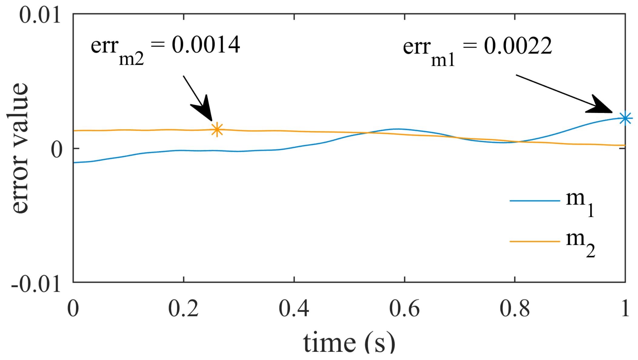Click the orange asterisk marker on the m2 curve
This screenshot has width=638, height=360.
click(x=217, y=130)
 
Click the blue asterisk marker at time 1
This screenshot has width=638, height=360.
click(x=625, y=118)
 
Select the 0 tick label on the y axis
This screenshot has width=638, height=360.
click(x=57, y=149)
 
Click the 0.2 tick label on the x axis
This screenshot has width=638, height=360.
click(x=183, y=309)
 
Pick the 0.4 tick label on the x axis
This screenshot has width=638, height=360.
click(x=294, y=309)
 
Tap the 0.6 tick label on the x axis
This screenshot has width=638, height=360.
click(x=404, y=309)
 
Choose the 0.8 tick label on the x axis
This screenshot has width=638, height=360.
click(x=515, y=309)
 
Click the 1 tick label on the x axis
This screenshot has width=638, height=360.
click(x=625, y=309)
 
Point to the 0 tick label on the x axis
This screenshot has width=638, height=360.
click(x=73, y=309)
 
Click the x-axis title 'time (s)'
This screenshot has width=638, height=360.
click(x=349, y=342)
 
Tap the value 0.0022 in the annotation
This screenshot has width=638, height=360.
click(x=518, y=46)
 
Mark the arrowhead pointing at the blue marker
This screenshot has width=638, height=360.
click(x=600, y=106)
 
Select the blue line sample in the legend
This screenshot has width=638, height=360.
click(x=535, y=201)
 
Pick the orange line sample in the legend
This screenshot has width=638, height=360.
click(x=535, y=242)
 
